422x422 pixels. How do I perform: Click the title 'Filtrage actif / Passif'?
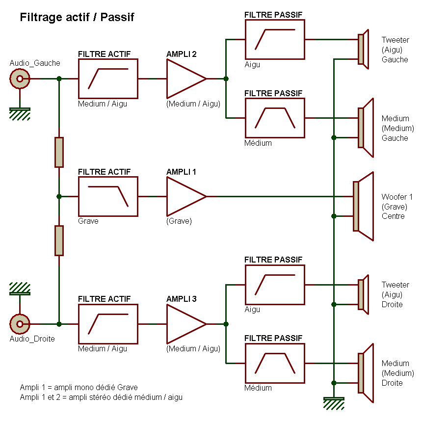pyautogui.click(x=77, y=18)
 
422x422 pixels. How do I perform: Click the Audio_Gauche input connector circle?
pyautogui.click(x=20, y=79)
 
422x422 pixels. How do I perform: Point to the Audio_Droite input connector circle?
pyautogui.click(x=20, y=324)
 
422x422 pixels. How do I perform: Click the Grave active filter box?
pyautogui.click(x=108, y=196)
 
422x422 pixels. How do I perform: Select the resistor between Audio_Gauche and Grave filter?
pyautogui.click(x=59, y=152)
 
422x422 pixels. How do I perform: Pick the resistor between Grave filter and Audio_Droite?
pyautogui.click(x=59, y=240)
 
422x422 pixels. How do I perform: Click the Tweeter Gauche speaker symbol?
pyautogui.click(x=363, y=49)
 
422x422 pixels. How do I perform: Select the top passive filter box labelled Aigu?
pyautogui.click(x=275, y=39)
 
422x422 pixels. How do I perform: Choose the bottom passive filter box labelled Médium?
pyautogui.click(x=275, y=363)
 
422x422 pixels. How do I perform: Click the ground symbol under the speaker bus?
pyautogui.click(x=334, y=402)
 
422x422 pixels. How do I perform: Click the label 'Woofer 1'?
pyautogui.click(x=397, y=197)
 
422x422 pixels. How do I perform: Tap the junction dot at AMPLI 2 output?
pyautogui.click(x=226, y=79)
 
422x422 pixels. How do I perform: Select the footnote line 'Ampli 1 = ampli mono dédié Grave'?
pyautogui.click(x=79, y=387)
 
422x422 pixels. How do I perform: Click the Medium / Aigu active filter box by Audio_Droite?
pyautogui.click(x=108, y=324)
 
